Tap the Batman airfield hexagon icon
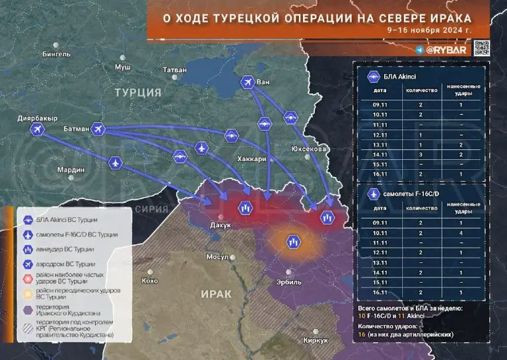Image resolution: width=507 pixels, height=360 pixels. [x=98, y=129]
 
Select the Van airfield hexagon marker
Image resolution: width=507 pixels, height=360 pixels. [x=248, y=82]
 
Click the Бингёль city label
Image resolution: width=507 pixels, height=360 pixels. [x=56, y=54]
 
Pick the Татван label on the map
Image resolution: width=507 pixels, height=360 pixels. [x=175, y=69]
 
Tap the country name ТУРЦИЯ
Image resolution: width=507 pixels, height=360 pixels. [x=138, y=93]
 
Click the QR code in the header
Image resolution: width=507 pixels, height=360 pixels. [x=483, y=48]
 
